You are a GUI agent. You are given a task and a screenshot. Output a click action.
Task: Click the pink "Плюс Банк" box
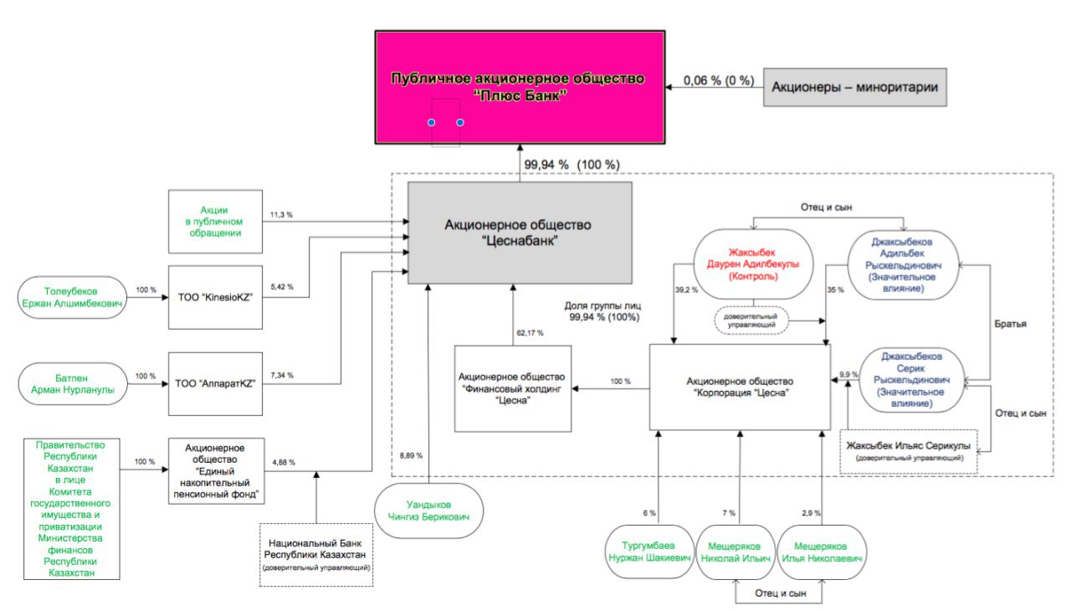pyautogui.click(x=520, y=87)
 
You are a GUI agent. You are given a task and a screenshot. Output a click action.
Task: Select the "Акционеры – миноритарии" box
pyautogui.click(x=855, y=87)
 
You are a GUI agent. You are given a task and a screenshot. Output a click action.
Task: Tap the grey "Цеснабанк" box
pyautogui.click(x=520, y=233)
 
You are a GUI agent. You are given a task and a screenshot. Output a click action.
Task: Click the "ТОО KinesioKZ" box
pyautogui.click(x=215, y=297)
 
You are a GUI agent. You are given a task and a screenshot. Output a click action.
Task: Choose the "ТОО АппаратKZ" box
pyautogui.click(x=215, y=384)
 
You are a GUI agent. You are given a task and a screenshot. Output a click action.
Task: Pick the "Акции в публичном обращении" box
pyautogui.click(x=215, y=221)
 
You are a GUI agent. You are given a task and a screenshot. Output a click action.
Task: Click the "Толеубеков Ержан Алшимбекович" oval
pyautogui.click(x=72, y=297)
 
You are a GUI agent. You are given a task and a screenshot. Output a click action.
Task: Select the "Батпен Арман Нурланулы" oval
pyautogui.click(x=73, y=384)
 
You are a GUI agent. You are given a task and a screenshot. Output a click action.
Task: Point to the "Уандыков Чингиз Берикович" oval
pyautogui.click(x=428, y=511)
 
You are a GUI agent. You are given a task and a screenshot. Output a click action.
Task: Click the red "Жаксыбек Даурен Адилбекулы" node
pyautogui.click(x=753, y=264)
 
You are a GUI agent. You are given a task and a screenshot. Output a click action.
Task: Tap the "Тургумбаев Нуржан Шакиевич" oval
pyautogui.click(x=649, y=552)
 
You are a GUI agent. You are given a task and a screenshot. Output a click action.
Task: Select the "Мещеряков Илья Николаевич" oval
pyautogui.click(x=822, y=552)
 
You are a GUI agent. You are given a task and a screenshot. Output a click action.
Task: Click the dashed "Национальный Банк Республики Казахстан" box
pyautogui.click(x=316, y=555)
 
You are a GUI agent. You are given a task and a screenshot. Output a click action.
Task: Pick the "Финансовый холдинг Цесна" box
pyautogui.click(x=513, y=388)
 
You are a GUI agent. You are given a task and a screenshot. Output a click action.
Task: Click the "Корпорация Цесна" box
pyautogui.click(x=740, y=387)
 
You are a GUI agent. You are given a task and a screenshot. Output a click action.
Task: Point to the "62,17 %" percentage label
pyautogui.click(x=530, y=333)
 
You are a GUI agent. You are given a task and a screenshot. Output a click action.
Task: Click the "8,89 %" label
pyautogui.click(x=411, y=455)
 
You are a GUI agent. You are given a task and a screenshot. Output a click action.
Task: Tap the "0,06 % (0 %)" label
pyautogui.click(x=718, y=80)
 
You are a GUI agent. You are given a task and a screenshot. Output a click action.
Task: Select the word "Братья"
pyautogui.click(x=1010, y=324)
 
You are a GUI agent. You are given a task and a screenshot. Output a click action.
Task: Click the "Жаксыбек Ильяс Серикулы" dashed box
pyautogui.click(x=909, y=452)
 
